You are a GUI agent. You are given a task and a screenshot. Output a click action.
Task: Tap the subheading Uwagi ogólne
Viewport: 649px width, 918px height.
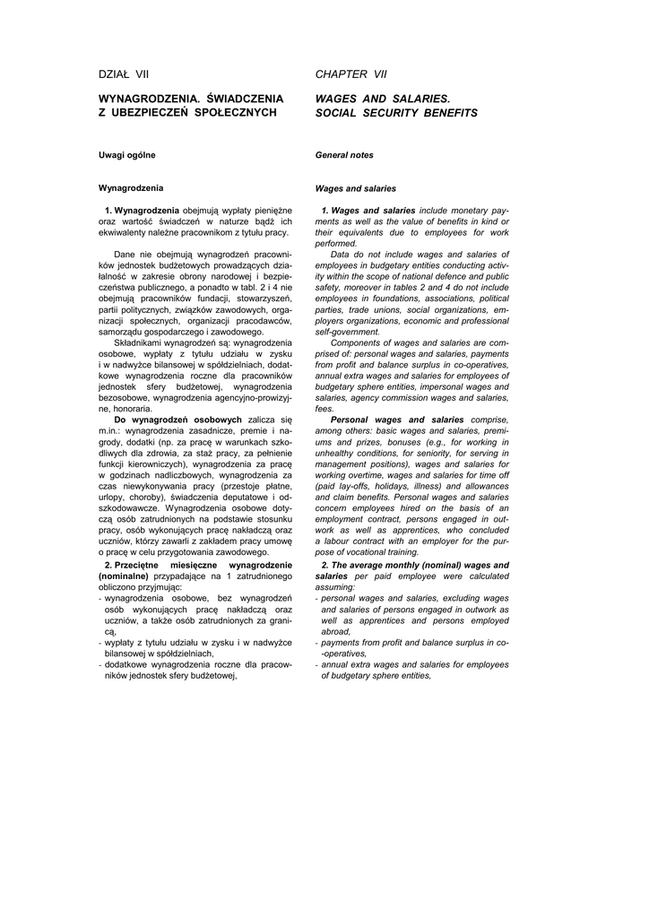pyautogui.click(x=126, y=155)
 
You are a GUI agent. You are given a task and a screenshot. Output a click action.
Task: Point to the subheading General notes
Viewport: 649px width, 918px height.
pyautogui.click(x=344, y=155)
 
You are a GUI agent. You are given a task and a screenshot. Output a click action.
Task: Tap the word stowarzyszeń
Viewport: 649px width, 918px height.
pyautogui.click(x=264, y=298)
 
